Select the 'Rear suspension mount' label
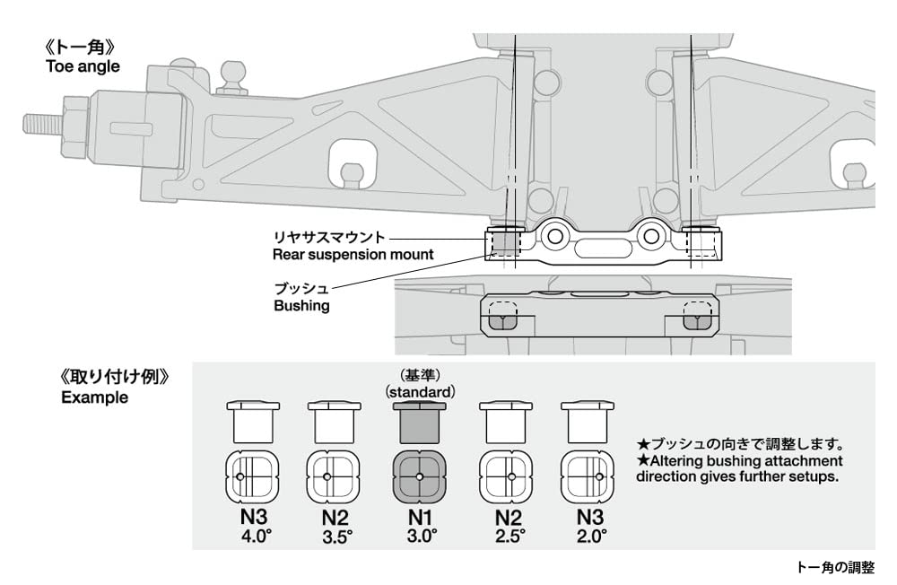point(353,255)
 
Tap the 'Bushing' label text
point(300,306)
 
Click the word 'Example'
point(94,397)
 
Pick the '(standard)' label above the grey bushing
point(421,392)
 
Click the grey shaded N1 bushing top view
point(421,476)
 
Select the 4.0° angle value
point(251,537)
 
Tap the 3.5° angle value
point(336,537)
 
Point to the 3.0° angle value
point(421,537)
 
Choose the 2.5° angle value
point(506,537)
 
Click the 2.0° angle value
point(591,537)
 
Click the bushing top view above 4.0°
point(251,476)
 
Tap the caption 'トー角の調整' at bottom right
point(833,567)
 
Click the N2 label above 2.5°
point(506,518)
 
